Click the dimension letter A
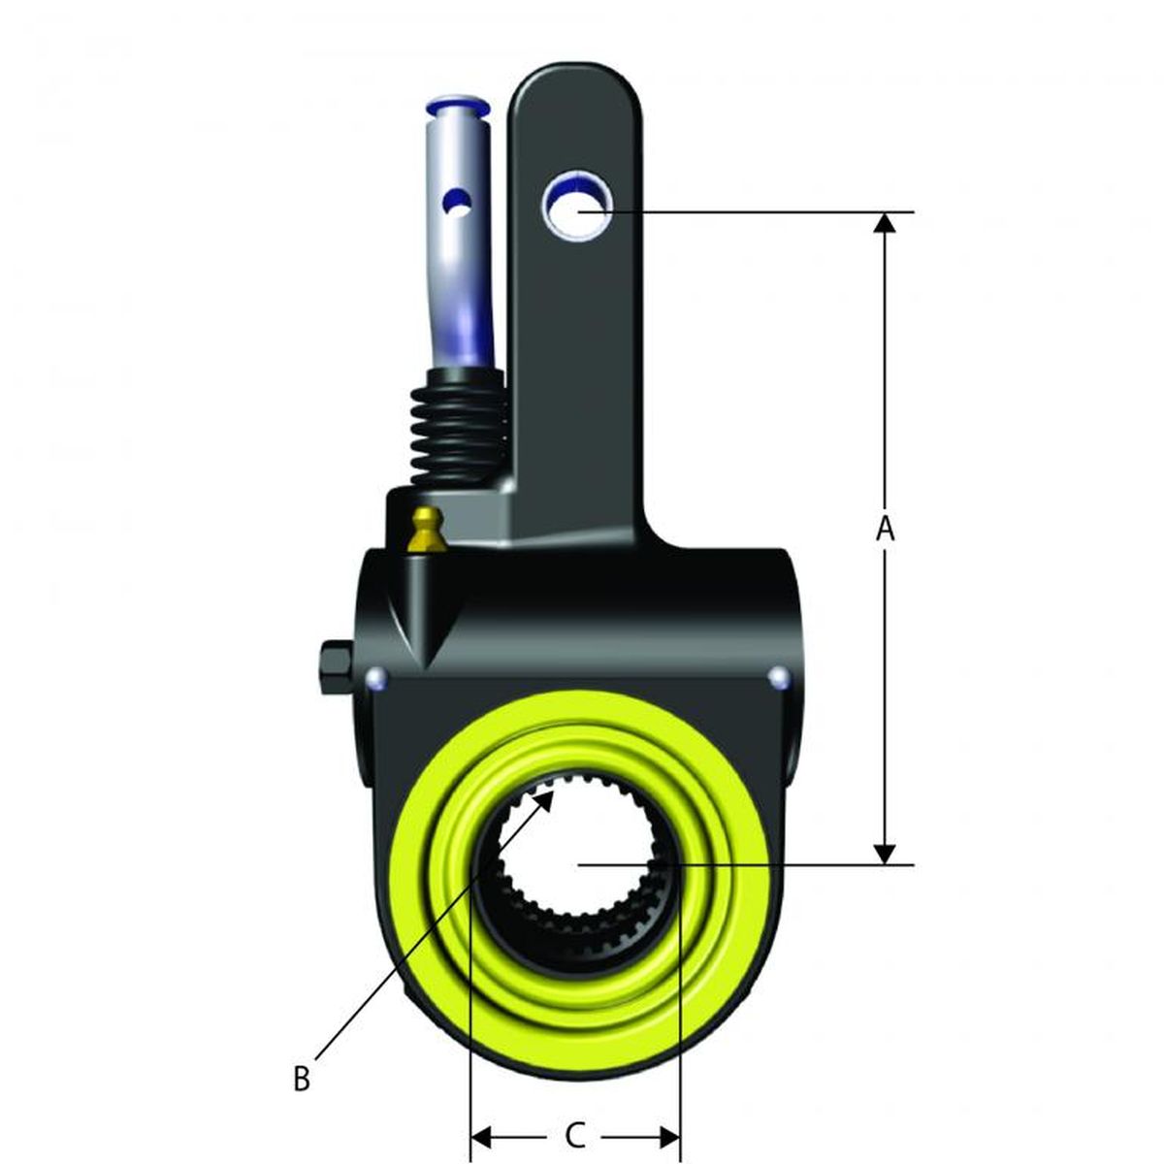(x=884, y=530)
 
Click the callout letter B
(x=302, y=1078)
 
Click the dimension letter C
(x=574, y=1133)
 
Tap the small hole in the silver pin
(x=457, y=203)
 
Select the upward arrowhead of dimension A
(x=884, y=223)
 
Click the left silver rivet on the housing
(x=377, y=677)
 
